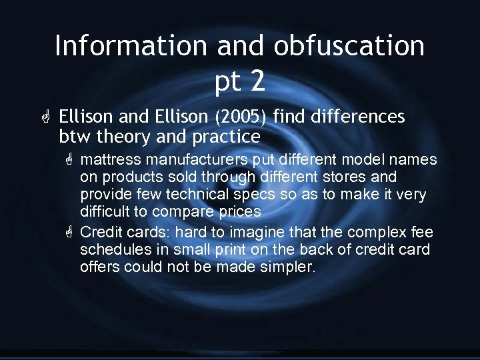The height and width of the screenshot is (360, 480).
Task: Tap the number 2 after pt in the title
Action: [x=258, y=81]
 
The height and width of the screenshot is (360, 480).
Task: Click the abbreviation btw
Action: [x=75, y=137]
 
